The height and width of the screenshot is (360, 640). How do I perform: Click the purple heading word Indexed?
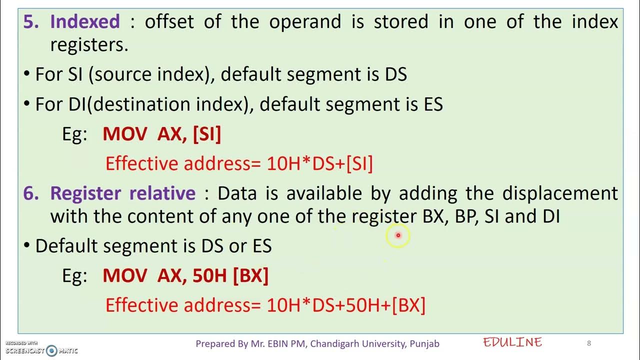pyautogui.click(x=85, y=22)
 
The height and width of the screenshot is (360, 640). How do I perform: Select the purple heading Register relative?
pyautogui.click(x=122, y=193)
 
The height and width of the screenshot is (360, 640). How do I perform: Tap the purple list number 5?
pyautogui.click(x=31, y=22)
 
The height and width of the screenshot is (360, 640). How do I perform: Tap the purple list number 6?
pyautogui.click(x=31, y=193)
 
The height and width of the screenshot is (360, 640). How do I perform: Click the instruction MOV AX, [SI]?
pyautogui.click(x=161, y=134)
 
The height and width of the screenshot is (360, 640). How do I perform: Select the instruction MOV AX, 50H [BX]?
pyautogui.click(x=185, y=275)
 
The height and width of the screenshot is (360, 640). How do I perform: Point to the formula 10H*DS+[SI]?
pyautogui.click(x=320, y=164)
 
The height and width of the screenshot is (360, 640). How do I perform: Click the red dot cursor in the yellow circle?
pyautogui.click(x=398, y=235)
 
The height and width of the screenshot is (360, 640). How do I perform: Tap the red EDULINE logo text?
pyautogui.click(x=512, y=342)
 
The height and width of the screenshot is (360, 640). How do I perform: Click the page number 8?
pyautogui.click(x=589, y=343)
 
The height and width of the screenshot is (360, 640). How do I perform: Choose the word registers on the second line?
pyautogui.click(x=89, y=45)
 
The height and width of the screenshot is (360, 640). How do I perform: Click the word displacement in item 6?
pyautogui.click(x=560, y=193)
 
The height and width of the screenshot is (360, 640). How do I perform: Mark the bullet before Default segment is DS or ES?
pyautogui.click(x=27, y=246)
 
